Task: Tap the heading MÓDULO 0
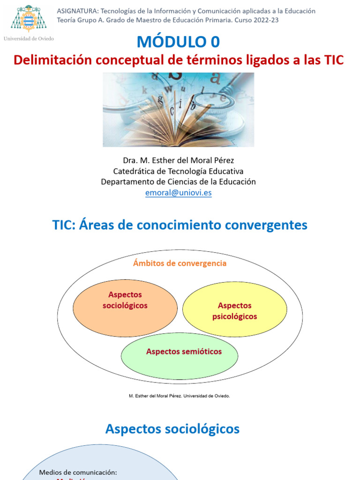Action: click(x=178, y=42)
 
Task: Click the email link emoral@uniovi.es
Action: click(x=178, y=193)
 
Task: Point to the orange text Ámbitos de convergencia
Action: click(x=180, y=263)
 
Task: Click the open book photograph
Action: click(x=178, y=109)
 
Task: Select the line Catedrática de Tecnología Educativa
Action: click(x=178, y=171)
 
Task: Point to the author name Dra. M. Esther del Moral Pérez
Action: click(x=178, y=160)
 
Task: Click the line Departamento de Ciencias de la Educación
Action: click(x=178, y=182)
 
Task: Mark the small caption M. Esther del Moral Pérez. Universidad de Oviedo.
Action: click(x=180, y=396)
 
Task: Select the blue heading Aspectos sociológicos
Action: click(x=172, y=428)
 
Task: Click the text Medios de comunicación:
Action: click(x=78, y=472)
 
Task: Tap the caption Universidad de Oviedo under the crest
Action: click(x=29, y=38)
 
